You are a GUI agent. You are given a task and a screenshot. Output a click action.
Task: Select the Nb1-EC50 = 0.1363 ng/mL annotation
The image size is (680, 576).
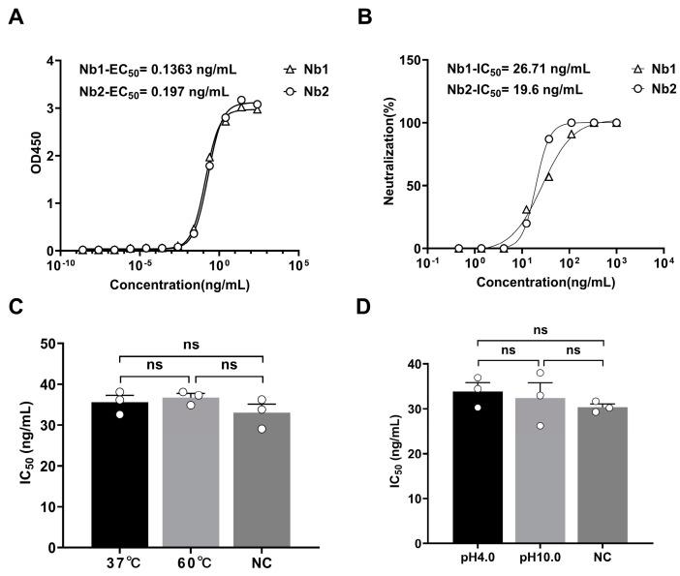click(x=157, y=70)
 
